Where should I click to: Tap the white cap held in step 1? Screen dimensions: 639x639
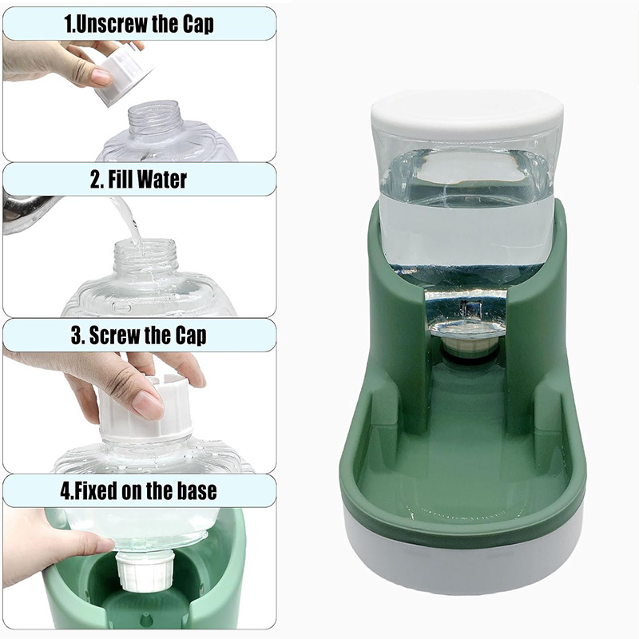(x=125, y=74)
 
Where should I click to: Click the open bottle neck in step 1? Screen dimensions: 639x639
(x=155, y=116)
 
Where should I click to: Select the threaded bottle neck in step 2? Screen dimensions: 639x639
(x=145, y=256)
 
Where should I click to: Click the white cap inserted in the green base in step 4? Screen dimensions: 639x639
(x=145, y=570)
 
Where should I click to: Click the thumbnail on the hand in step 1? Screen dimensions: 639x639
(x=101, y=77)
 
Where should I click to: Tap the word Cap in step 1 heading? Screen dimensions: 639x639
(x=197, y=25)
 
